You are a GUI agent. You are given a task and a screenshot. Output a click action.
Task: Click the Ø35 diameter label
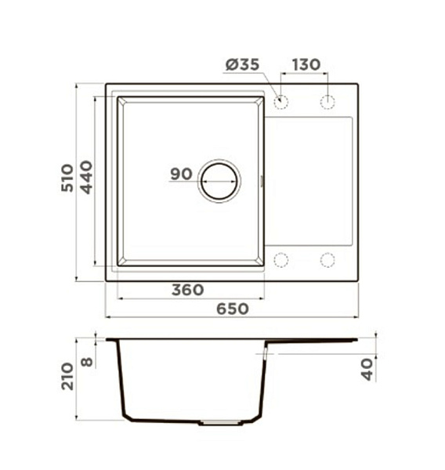pos(242,64)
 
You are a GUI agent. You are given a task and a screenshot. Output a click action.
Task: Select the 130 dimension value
pos(306,65)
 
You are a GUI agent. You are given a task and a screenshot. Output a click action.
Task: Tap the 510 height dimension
pos(67,178)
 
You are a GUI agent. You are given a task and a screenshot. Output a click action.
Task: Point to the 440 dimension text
pos(87,178)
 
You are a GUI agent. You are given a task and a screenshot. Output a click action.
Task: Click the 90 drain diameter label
pos(181,174)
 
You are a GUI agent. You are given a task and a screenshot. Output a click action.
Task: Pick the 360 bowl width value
pos(188,290)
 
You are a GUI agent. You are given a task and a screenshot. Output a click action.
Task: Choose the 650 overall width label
pos(233,309)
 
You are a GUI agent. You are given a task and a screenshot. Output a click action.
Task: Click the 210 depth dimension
pos(67,376)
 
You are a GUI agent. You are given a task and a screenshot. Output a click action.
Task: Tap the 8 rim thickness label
pos(87,363)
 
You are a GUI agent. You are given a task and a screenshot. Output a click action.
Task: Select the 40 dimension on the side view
pos(367,370)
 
